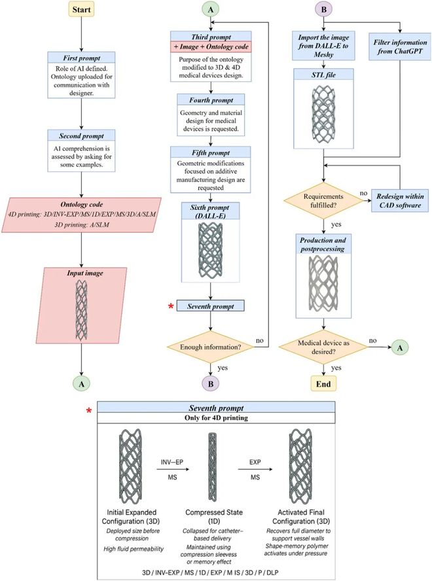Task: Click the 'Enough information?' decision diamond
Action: tap(209, 347)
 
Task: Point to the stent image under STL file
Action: tap(323, 111)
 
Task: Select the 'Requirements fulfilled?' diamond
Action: tap(324, 198)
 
